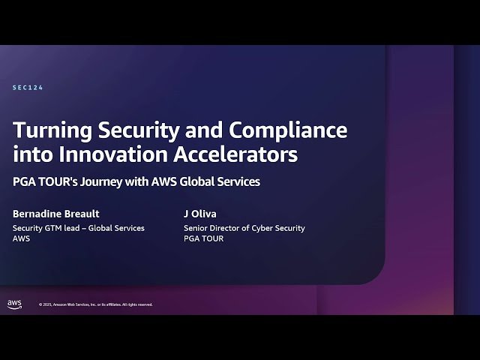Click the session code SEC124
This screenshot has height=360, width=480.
coord(28,88)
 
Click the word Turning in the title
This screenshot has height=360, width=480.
coord(47,130)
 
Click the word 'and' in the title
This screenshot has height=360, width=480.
coord(205,130)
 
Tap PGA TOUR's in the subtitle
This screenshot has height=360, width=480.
coord(48,181)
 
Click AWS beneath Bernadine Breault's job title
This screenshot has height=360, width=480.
coord(21,238)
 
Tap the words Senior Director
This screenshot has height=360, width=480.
coord(213,228)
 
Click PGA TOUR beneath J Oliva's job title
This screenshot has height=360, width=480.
coord(203,238)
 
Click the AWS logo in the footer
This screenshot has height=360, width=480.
coord(14,304)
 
